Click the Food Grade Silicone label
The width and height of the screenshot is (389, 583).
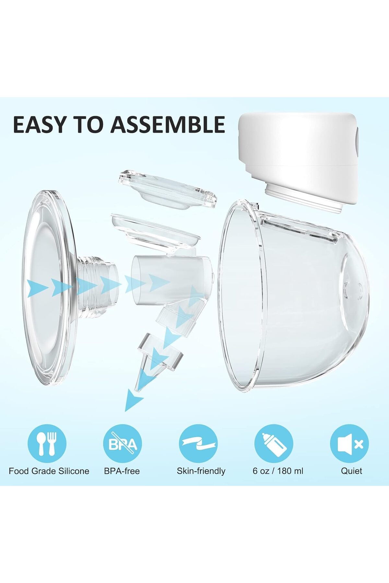coord(49,471)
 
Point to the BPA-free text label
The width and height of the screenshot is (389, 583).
coord(122,471)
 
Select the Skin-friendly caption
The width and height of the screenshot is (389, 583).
coord(201,471)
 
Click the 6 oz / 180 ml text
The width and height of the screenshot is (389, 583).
coord(278,471)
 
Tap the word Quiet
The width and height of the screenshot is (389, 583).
coord(351,471)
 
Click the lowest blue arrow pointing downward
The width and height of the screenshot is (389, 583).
coord(134,399)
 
